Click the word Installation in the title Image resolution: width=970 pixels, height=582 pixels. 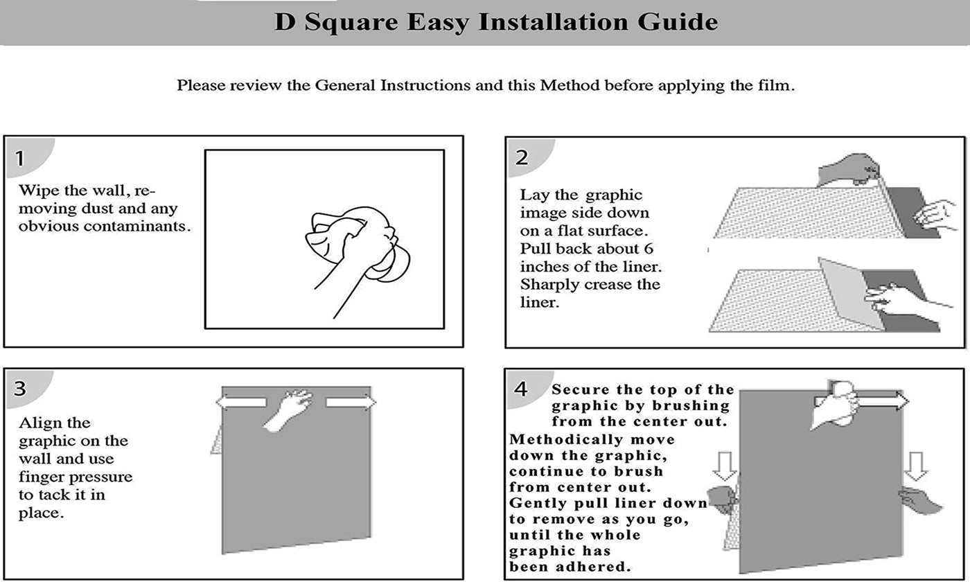[553, 22]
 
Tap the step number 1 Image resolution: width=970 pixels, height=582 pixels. [19, 159]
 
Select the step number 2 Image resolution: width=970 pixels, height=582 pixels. [521, 157]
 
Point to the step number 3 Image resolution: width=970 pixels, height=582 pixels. [20, 389]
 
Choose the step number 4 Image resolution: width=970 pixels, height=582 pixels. [520, 389]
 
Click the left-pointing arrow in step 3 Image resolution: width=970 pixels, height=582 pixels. [241, 403]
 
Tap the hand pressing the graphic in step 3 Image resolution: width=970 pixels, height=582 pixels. [288, 409]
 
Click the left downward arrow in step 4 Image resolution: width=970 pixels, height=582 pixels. [725, 466]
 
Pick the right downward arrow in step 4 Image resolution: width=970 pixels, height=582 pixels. [915, 466]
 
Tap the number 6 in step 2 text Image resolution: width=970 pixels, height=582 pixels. [649, 249]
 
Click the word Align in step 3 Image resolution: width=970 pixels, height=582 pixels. [39, 423]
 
